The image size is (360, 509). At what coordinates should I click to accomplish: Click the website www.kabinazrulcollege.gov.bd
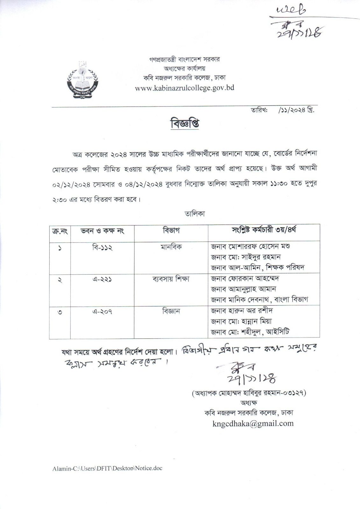pyautogui.click(x=184, y=88)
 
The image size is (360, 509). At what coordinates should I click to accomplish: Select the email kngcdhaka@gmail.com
pyautogui.click(x=253, y=423)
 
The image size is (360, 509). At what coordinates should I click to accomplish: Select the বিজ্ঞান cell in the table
pyautogui.click(x=171, y=311)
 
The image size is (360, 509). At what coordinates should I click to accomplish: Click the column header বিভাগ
pyautogui.click(x=171, y=230)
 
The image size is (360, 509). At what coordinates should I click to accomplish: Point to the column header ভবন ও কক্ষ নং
pyautogui.click(x=102, y=231)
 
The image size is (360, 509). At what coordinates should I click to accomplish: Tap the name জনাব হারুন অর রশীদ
pyautogui.click(x=242, y=311)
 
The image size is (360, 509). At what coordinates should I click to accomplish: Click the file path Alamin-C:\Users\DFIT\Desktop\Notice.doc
pyautogui.click(x=108, y=468)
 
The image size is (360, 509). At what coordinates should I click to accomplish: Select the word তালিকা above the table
pyautogui.click(x=195, y=214)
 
